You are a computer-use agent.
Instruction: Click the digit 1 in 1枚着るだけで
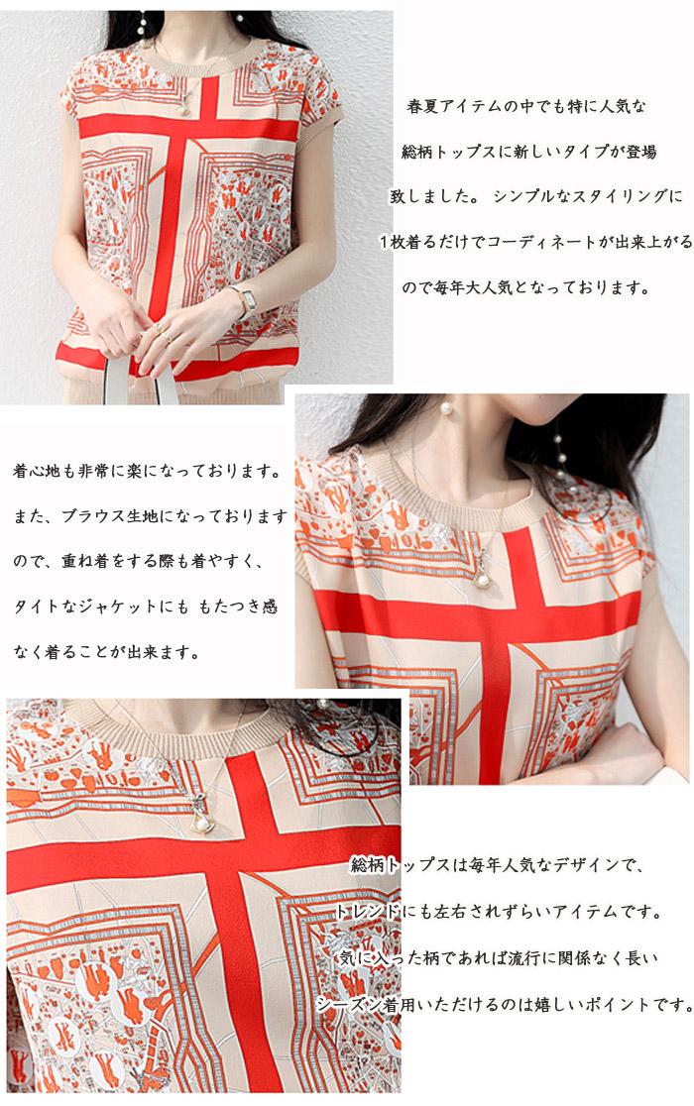pyautogui.click(x=385, y=243)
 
